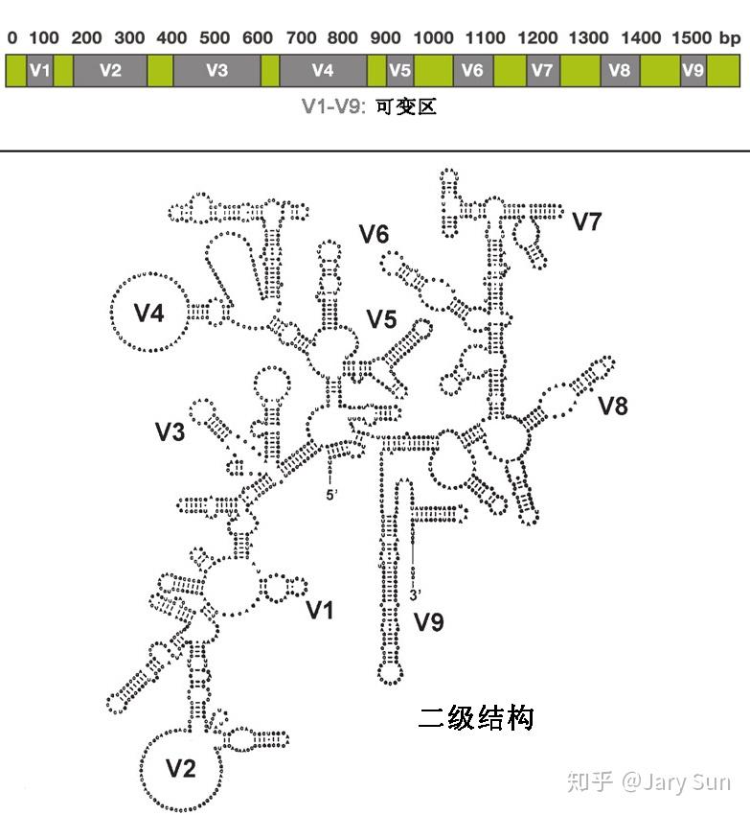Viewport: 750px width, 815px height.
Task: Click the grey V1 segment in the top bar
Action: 39,71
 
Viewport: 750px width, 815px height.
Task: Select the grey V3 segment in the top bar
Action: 216,71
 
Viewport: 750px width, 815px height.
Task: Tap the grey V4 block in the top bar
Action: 323,71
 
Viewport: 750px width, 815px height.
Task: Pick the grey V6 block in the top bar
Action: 471,71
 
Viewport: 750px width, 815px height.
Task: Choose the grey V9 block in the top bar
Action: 693,71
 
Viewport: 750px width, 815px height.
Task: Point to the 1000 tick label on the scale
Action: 434,38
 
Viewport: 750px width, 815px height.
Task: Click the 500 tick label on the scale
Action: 216,38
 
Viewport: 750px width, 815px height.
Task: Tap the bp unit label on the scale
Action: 730,38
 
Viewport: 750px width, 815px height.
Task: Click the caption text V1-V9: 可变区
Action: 369,107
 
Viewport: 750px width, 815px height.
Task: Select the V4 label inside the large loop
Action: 148,314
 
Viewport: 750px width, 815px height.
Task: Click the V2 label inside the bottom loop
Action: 181,768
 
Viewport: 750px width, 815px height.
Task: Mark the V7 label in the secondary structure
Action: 586,222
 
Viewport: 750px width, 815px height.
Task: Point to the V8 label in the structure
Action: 613,406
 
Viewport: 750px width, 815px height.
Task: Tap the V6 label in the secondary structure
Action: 375,234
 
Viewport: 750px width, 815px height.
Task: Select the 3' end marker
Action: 414,594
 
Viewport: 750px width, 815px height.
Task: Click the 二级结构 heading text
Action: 476,718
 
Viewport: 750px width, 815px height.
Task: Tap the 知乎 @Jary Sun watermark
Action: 648,781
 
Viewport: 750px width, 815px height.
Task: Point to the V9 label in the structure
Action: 429,623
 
